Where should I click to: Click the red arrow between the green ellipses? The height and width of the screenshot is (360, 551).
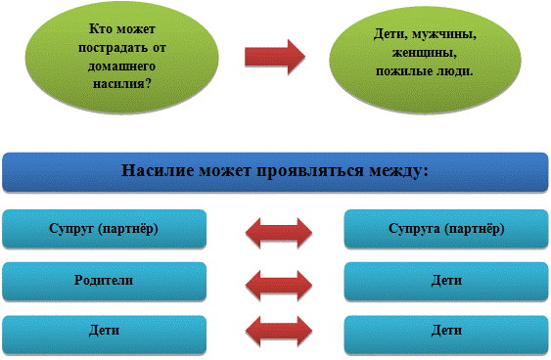[x=274, y=57]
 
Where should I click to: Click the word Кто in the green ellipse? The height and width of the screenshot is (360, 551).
[x=101, y=28]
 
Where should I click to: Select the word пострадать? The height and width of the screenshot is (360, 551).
[x=113, y=48]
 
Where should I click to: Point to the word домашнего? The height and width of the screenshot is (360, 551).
[x=121, y=67]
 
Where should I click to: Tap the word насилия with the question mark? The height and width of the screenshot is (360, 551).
[x=122, y=84]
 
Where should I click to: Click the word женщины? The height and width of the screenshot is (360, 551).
[x=425, y=53]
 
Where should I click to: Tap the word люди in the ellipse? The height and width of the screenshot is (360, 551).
[x=454, y=71]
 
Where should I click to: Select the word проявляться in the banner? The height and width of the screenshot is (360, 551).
[x=310, y=171]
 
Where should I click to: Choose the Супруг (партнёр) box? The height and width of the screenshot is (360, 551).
[x=104, y=229]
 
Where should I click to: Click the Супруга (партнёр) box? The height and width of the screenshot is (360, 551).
[x=446, y=229]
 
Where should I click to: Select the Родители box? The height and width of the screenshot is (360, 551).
[x=104, y=281]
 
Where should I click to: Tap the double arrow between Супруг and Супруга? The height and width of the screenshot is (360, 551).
[x=279, y=233]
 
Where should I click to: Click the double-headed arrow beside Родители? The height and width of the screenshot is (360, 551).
[x=279, y=285]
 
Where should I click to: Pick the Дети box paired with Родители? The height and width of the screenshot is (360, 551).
[x=446, y=281]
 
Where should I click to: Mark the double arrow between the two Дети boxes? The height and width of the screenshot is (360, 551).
[x=279, y=331]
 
